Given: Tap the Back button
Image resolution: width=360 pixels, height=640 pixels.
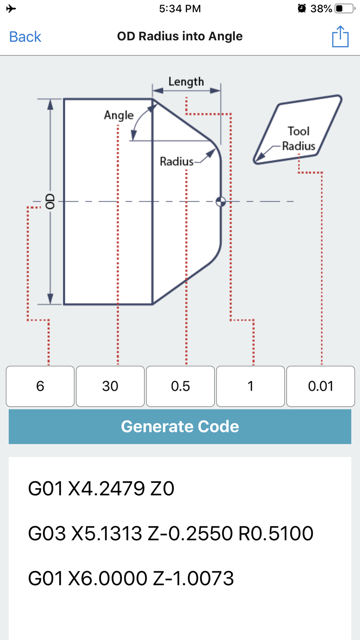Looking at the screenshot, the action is tap(25, 37).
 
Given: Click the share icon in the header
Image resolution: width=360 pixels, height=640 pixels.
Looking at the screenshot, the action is tap(340, 36).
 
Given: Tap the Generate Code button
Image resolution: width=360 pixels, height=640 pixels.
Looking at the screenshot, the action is tap(180, 427).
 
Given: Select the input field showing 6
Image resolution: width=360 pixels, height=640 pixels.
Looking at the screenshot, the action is tap(40, 386).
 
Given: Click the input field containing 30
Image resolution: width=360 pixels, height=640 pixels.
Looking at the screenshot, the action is tap(110, 386).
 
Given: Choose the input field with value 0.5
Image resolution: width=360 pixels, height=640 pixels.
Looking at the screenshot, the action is tap(180, 386).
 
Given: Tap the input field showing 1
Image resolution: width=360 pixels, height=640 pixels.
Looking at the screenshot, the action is tap(251, 386).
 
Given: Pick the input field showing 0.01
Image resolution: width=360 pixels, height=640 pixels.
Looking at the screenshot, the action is tap(321, 386).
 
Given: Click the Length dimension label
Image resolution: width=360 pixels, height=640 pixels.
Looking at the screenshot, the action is tap(186, 82).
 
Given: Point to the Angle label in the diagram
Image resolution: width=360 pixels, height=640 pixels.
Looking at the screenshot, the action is tap(119, 115).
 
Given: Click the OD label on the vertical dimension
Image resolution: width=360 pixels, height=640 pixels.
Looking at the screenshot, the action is tap(50, 201).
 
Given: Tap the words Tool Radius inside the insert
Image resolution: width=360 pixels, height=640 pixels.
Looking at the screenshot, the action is tap(298, 139).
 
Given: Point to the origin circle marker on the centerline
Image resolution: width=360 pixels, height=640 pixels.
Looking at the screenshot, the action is tap(221, 202).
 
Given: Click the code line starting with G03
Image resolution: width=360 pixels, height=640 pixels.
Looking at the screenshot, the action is tap(171, 533).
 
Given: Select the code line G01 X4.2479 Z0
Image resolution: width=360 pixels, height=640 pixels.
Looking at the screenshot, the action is tap(101, 488).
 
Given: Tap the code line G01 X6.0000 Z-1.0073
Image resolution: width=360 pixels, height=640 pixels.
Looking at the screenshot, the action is tap(131, 578).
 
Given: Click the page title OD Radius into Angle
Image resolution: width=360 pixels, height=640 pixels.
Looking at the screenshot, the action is tap(180, 36).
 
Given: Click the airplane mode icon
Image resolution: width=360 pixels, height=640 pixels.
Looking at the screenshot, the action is tap(11, 8).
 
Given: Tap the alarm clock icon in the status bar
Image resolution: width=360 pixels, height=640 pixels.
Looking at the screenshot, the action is tap(302, 8).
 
